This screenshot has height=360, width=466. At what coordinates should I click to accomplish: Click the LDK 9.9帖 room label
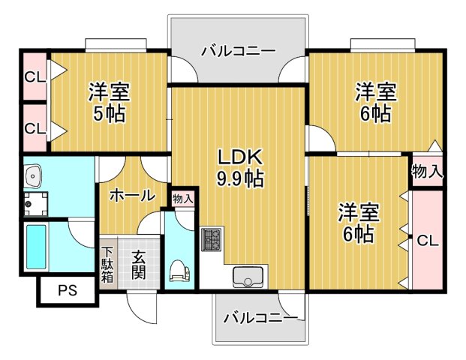click(239, 168)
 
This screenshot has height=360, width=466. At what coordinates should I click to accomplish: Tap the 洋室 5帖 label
click(109, 103)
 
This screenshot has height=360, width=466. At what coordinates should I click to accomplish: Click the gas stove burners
click(211, 241)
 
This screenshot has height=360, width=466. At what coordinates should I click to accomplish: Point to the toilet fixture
click(179, 271)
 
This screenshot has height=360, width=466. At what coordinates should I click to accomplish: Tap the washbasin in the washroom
click(33, 177)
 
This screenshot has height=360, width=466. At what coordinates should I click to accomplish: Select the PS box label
click(68, 291)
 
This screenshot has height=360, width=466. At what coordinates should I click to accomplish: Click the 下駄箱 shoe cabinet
click(108, 264)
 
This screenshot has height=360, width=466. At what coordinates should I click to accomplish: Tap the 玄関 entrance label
click(140, 264)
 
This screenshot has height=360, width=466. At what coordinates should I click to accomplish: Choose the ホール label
click(132, 196)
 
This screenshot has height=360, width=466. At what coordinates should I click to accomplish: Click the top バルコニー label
click(238, 51)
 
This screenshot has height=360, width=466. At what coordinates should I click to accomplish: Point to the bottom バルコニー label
click(260, 317)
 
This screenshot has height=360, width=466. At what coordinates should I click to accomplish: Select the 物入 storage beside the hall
click(182, 199)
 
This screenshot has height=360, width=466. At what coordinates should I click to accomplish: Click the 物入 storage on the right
click(427, 172)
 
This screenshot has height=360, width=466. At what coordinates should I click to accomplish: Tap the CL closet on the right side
click(427, 241)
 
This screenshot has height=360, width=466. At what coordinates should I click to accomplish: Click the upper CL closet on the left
click(35, 76)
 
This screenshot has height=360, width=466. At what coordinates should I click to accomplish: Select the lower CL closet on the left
click(35, 128)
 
